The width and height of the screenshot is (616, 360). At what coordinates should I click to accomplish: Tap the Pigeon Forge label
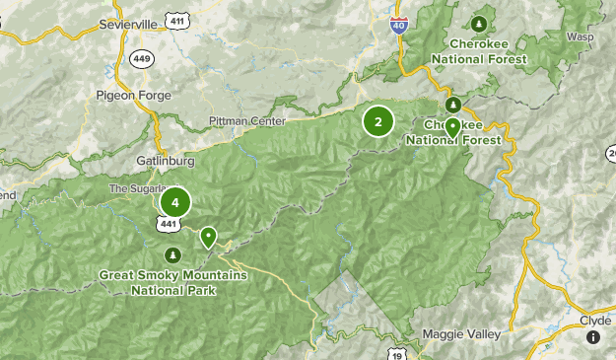click(x=134, y=96)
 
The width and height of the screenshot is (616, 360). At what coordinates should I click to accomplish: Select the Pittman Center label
click(x=245, y=121)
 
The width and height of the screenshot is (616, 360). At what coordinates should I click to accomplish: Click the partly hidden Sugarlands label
click(x=133, y=187)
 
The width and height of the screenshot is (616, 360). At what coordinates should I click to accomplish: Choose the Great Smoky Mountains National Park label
click(x=173, y=282)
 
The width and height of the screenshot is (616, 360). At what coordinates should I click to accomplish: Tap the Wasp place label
click(x=580, y=36)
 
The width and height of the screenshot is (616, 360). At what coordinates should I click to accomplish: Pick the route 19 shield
click(x=395, y=352)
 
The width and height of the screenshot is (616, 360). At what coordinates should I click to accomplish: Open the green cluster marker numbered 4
click(x=174, y=203)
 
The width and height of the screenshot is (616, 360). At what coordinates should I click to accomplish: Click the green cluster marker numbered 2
click(x=377, y=121)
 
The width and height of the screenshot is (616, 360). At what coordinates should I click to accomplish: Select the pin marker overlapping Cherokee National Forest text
click(x=452, y=127)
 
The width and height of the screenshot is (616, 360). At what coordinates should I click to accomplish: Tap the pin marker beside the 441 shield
click(x=209, y=238)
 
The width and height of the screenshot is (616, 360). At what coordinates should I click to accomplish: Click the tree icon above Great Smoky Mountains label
click(x=174, y=256)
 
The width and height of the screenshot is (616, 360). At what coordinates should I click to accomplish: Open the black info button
click(x=593, y=337)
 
